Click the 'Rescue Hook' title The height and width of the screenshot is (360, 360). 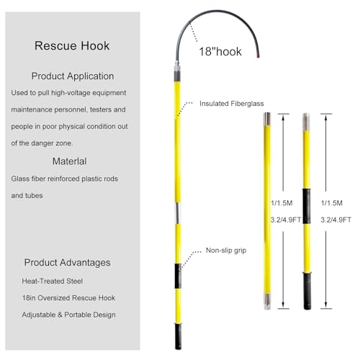coord(72,46)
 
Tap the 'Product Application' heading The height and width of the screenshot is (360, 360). coord(73,76)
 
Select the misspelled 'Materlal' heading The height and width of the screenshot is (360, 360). coord(69,161)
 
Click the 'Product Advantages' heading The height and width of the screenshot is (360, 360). coord(67,263)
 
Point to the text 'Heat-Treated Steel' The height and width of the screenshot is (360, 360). coord(53,281)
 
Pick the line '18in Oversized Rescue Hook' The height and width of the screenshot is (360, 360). coord(68,298)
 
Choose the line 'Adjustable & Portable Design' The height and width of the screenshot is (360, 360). coord(68,315)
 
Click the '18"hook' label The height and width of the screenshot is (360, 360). coord(220,52)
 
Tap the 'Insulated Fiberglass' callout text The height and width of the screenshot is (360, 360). coord(232,104)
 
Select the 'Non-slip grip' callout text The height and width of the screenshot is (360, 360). coord(226,251)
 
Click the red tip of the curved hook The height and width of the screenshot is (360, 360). coord(258,56)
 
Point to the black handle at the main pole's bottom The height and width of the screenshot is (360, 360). coord(178,336)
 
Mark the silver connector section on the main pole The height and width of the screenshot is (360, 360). coord(178,213)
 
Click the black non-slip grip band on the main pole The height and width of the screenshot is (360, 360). coord(178,276)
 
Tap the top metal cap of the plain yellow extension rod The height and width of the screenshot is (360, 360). coord(267,119)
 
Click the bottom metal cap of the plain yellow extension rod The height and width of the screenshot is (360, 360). coord(267,302)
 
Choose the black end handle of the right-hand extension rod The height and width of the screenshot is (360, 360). coord(307,291)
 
